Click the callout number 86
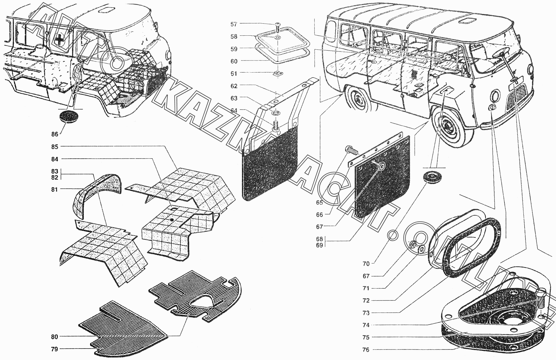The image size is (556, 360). (x=55, y=134)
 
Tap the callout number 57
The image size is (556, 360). (x=234, y=24)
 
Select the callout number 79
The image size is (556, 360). (x=54, y=349)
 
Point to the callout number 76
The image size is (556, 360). (x=366, y=350)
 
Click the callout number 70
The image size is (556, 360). (x=366, y=264)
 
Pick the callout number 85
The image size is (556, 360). (x=55, y=146)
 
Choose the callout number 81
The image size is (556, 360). (x=55, y=189)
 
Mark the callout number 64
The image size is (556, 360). (x=234, y=110)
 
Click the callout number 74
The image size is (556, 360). (x=366, y=325)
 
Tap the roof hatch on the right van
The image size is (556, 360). (x=467, y=21)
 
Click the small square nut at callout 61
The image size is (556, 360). (x=277, y=74)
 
